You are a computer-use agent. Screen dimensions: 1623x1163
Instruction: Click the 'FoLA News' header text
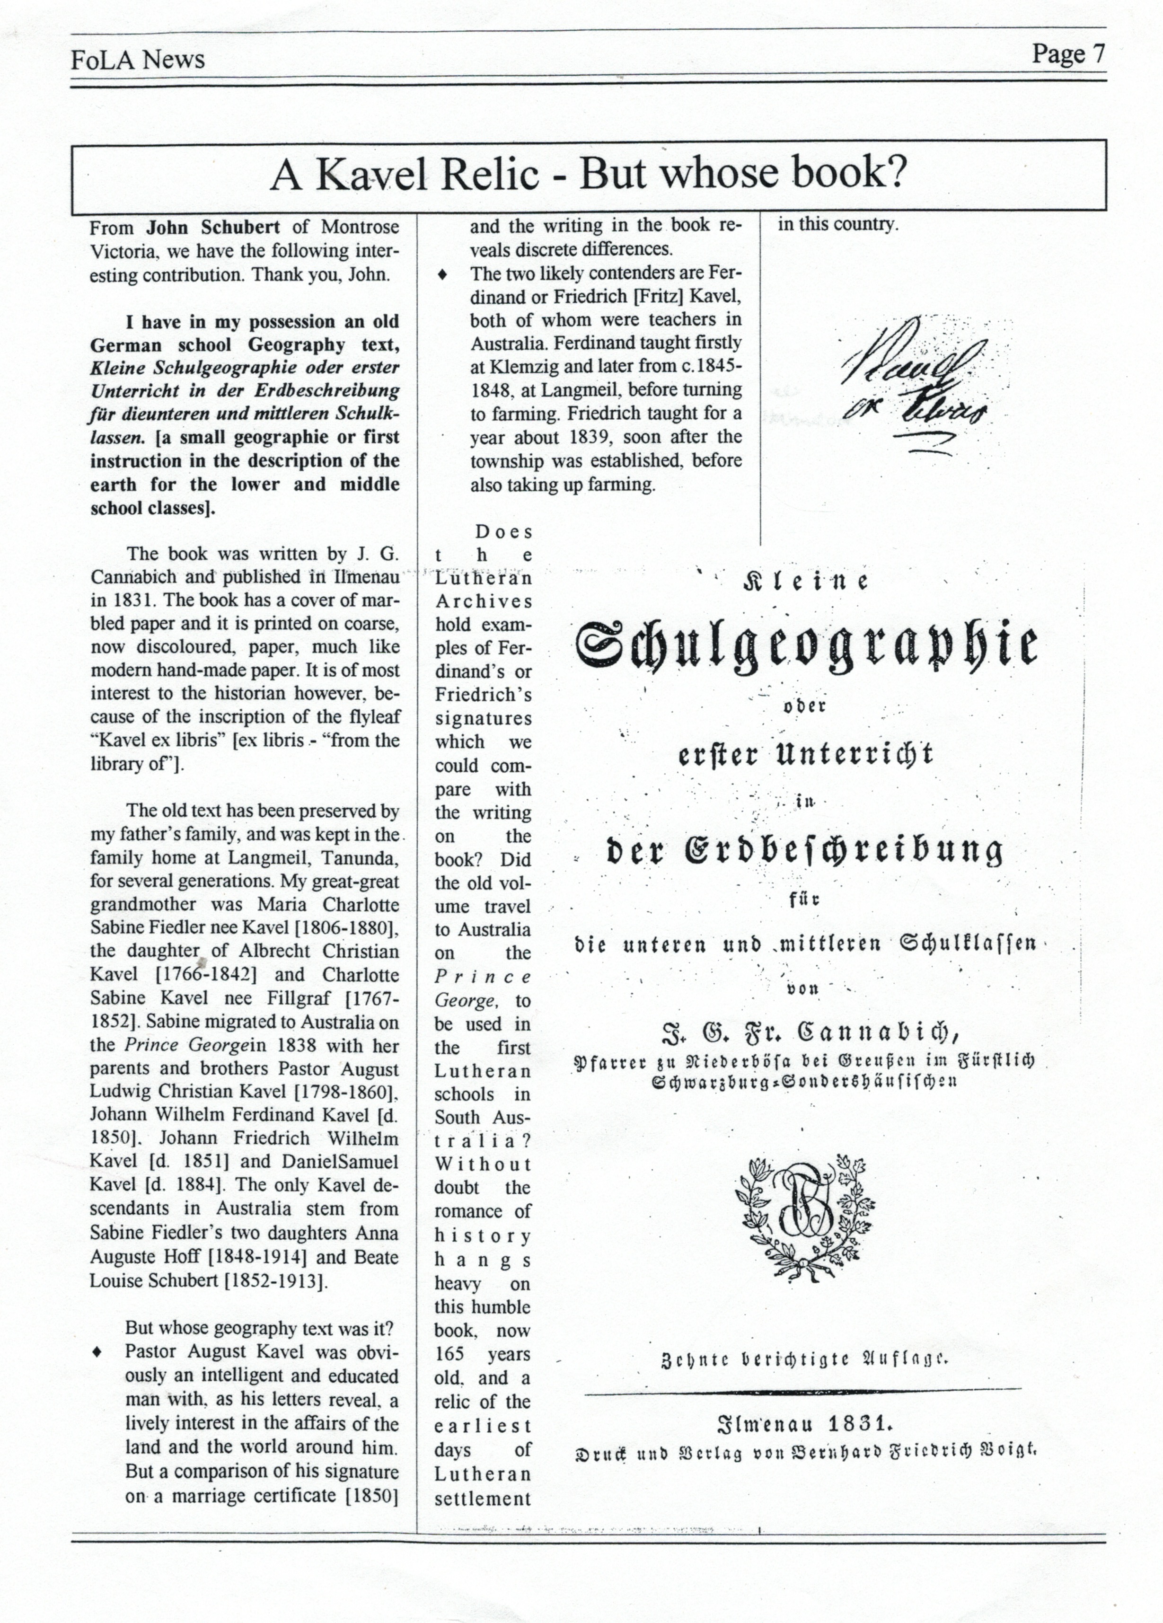point(137,60)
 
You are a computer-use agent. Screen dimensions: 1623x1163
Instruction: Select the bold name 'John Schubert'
point(214,228)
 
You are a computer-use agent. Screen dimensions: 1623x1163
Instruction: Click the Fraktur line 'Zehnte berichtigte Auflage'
point(805,1359)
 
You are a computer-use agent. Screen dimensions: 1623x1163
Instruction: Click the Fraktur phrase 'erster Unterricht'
point(805,755)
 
